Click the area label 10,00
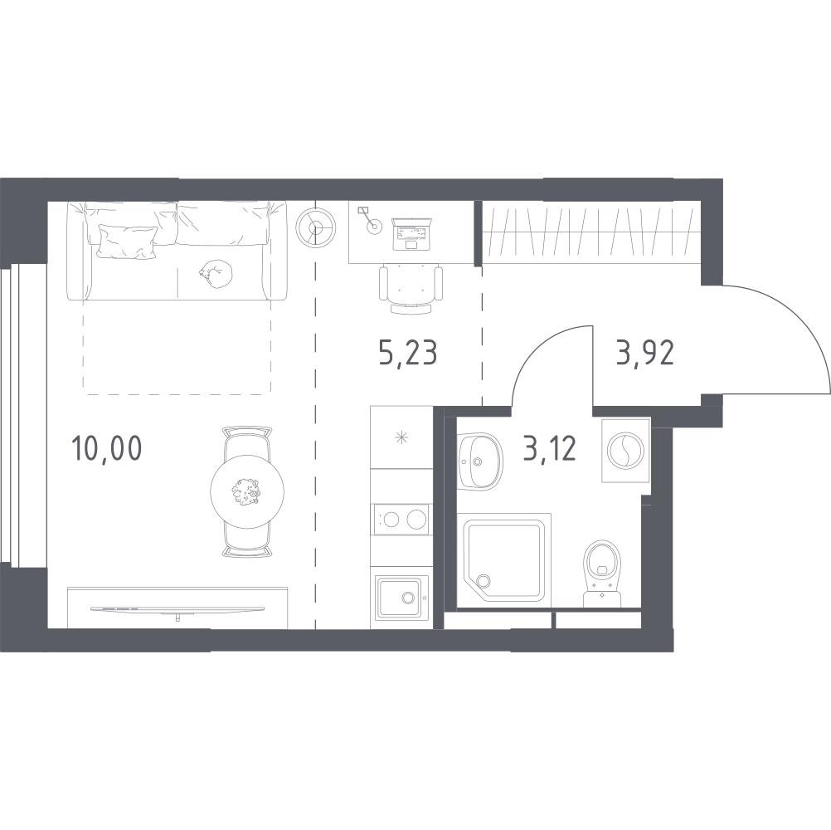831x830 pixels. coord(106,449)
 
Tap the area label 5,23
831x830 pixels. coord(408,352)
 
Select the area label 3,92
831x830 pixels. coord(645,352)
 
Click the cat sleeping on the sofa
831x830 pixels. coord(216,274)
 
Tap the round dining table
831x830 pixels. coord(247,491)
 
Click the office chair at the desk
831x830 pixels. coord(411,289)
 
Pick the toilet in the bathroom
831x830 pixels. coord(603,574)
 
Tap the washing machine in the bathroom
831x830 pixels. coord(625,450)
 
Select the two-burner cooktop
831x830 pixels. coord(401,520)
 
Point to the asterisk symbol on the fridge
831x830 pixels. coord(401,437)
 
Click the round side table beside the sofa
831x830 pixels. coord(316,227)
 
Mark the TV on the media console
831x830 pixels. coord(177,609)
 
